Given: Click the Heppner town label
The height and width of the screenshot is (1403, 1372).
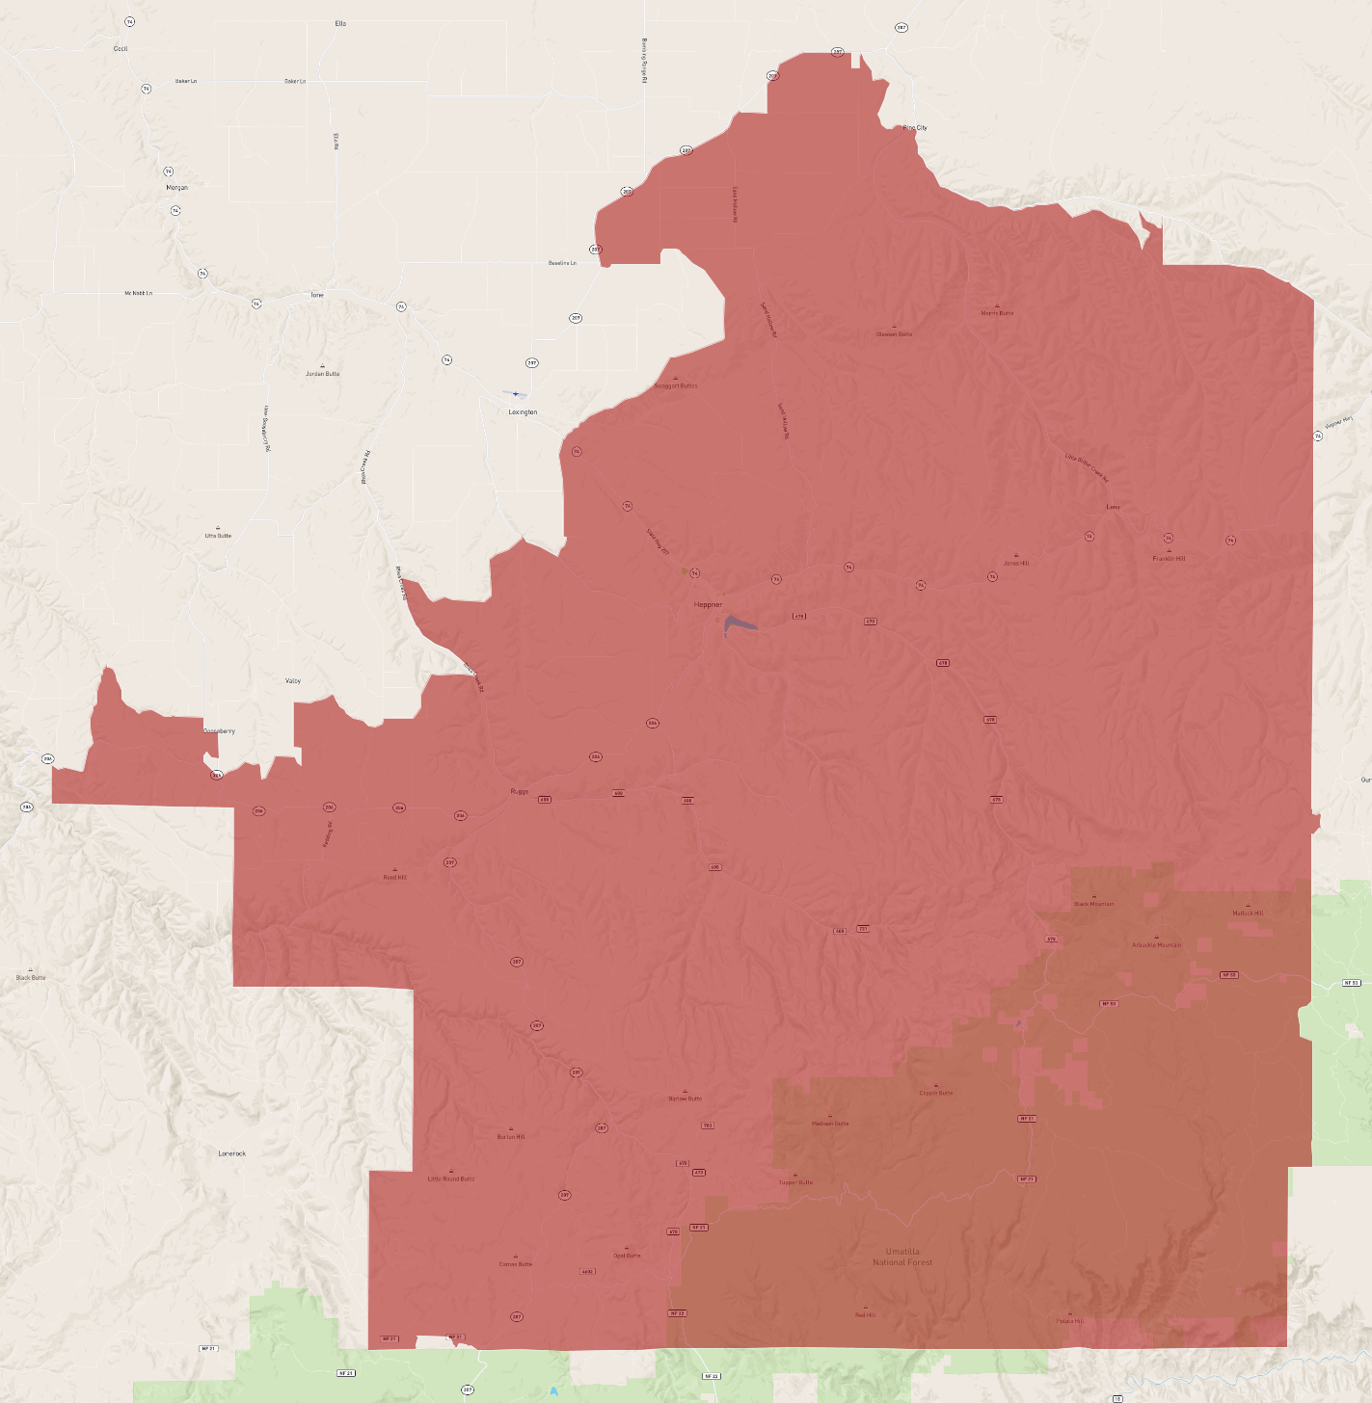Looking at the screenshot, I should (x=708, y=604).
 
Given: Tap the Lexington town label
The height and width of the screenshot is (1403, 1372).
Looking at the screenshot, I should (x=523, y=411).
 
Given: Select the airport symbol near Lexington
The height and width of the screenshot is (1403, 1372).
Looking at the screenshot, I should (x=516, y=393).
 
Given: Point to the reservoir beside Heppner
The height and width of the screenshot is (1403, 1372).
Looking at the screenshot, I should (x=739, y=624).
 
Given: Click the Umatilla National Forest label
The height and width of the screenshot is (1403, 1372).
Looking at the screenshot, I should (x=902, y=1257).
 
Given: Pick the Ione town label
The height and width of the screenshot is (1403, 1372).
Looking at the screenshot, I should (x=317, y=295).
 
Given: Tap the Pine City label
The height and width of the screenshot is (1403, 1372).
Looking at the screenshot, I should (x=914, y=127).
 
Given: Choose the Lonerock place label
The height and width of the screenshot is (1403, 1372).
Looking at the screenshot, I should (x=232, y=1153).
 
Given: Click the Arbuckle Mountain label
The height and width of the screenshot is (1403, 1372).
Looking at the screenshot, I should (x=1156, y=945).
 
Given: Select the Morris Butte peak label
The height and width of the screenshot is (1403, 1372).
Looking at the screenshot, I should (x=997, y=313).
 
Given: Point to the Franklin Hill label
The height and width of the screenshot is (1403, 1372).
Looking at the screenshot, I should (x=1169, y=559).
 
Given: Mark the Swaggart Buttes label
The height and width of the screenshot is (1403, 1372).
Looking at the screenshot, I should (x=676, y=385).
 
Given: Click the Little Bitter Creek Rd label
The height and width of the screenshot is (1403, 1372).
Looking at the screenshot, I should (x=1087, y=467).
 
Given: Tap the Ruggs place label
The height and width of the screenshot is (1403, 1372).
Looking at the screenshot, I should (x=520, y=791).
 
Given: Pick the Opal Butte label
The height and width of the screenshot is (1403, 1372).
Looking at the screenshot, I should (x=627, y=1256).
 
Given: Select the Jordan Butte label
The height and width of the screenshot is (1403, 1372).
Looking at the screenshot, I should (x=322, y=374).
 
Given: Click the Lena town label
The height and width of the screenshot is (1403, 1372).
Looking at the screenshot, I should (x=1114, y=507).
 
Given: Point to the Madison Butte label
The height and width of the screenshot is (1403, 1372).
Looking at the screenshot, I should (x=830, y=1124).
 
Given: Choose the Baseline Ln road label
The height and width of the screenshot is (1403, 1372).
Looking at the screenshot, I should (x=562, y=263).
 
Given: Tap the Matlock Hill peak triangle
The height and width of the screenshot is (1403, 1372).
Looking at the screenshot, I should (x=1248, y=905).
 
